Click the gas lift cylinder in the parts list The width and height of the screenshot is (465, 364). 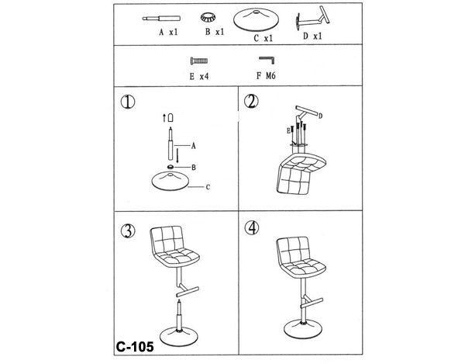point(161,19)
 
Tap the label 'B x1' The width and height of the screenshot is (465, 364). point(215,32)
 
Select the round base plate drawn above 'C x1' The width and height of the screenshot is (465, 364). point(256,19)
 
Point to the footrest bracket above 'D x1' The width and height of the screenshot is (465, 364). point(312,19)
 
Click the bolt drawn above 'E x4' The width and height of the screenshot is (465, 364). point(199,61)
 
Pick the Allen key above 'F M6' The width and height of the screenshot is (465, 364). point(267,60)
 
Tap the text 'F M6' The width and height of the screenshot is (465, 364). point(266,76)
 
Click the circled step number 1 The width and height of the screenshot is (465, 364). point(128,102)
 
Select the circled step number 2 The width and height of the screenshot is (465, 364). point(251,102)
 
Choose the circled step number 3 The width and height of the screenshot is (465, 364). point(128,231)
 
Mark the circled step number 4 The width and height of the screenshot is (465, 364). point(251,228)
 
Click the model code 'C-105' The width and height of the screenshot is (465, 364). point(135,346)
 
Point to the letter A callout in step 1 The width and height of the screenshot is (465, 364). point(193,146)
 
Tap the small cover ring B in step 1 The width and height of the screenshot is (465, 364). point(170,167)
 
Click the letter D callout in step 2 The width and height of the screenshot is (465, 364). point(320,116)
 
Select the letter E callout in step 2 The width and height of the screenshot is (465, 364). point(288,131)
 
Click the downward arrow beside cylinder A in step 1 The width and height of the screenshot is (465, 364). point(177,155)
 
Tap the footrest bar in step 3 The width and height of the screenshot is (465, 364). point(188,291)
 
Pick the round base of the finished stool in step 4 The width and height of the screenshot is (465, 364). point(303,329)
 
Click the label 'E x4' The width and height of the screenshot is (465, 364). point(199,76)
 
